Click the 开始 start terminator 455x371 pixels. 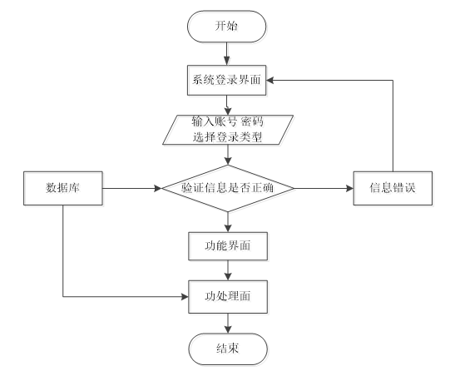click(226, 27)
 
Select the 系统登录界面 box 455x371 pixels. click(226, 80)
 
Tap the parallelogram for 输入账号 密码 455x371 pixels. click(228, 130)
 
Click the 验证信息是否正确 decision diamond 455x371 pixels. click(228, 188)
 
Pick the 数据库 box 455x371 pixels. click(63, 188)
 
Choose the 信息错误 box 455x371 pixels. click(393, 188)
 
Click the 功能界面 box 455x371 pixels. click(228, 246)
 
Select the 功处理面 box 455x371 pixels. click(228, 297)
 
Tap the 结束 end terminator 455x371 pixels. click(228, 349)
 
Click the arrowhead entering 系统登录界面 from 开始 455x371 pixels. click(226, 62)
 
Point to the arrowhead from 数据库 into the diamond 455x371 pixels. click(158, 188)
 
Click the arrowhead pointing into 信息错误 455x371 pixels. click(349, 188)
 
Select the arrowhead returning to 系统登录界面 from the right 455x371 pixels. click(270, 80)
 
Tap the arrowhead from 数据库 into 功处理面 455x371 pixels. click(185, 297)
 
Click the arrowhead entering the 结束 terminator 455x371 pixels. click(228, 329)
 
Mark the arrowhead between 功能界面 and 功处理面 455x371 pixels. click(228, 276)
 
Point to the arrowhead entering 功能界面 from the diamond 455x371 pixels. click(228, 228)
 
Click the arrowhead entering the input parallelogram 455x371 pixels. click(228, 111)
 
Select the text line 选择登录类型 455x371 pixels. click(228, 136)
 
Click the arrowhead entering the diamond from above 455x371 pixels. click(228, 161)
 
